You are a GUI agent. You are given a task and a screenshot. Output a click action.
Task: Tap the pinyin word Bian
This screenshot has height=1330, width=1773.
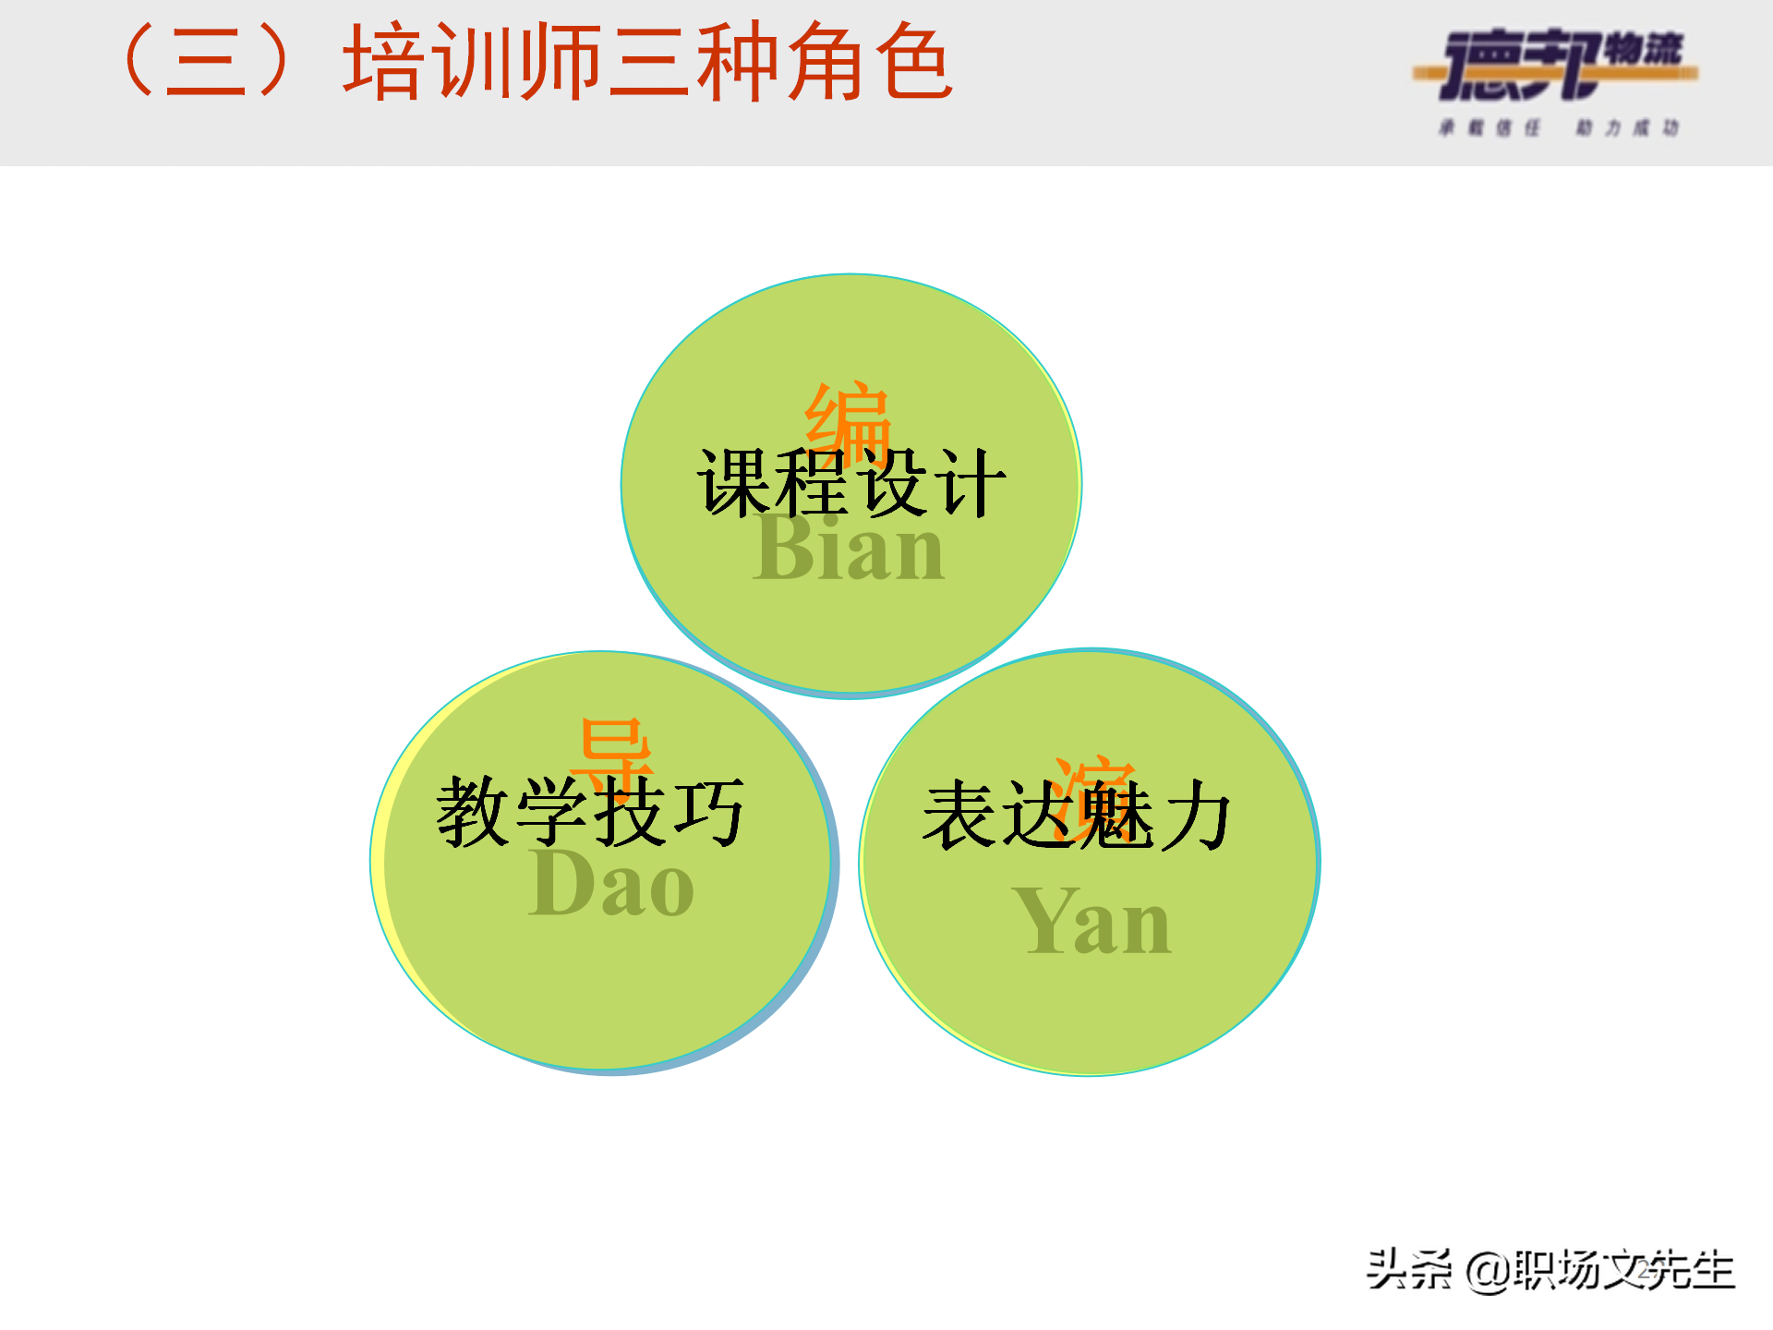[x=849, y=550]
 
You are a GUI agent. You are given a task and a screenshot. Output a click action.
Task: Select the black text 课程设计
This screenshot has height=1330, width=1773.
[x=851, y=483]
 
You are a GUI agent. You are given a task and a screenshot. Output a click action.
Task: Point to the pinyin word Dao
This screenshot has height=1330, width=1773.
[x=611, y=885]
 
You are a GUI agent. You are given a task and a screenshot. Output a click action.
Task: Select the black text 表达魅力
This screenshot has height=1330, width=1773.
[x=1077, y=815]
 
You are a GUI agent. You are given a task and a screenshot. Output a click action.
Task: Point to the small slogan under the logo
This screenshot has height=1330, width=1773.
[x=1559, y=127]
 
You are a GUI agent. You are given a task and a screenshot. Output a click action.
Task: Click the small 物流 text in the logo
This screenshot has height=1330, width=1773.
[x=1644, y=48]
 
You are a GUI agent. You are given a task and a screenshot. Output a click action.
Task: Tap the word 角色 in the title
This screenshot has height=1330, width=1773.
[x=870, y=63]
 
